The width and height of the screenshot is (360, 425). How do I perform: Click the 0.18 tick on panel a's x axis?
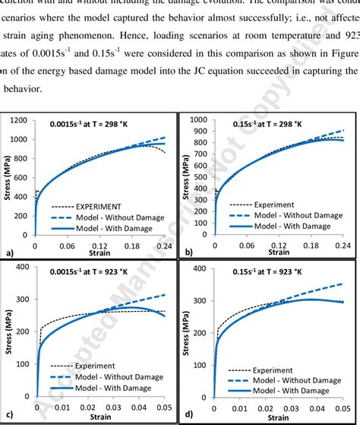pos(134,247)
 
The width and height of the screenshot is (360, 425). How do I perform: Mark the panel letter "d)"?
pos(187,415)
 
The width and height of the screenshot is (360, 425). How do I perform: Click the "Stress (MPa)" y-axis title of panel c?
pos(10,338)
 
